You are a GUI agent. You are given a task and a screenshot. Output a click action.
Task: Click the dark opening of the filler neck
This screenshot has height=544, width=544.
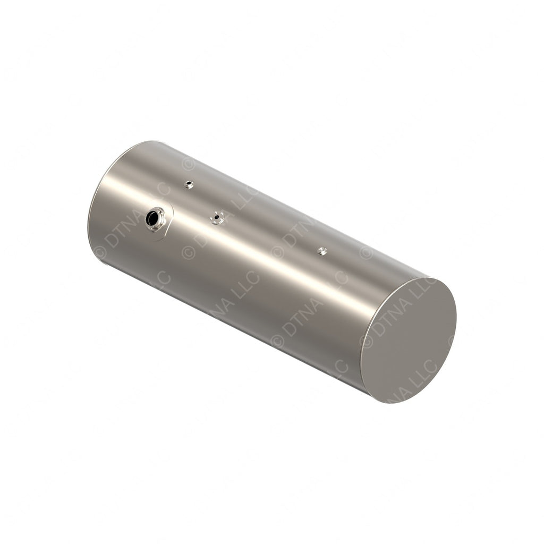[155, 217]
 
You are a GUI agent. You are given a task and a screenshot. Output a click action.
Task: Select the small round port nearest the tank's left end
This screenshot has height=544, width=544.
[189, 184]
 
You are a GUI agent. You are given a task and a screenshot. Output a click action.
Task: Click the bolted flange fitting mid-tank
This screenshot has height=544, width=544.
[216, 217]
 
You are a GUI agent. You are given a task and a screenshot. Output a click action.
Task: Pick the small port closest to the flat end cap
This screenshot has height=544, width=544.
[322, 251]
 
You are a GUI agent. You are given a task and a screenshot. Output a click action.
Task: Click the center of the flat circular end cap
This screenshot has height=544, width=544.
[409, 340]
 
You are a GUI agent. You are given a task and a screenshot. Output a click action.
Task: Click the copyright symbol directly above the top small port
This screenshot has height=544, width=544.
[188, 163]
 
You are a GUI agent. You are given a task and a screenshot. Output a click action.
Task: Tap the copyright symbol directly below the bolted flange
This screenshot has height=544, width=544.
[189, 252]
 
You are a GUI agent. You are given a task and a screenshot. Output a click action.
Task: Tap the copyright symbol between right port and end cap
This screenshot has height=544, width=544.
[366, 251]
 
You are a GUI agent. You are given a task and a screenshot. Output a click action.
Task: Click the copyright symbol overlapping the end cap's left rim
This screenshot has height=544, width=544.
[366, 341]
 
